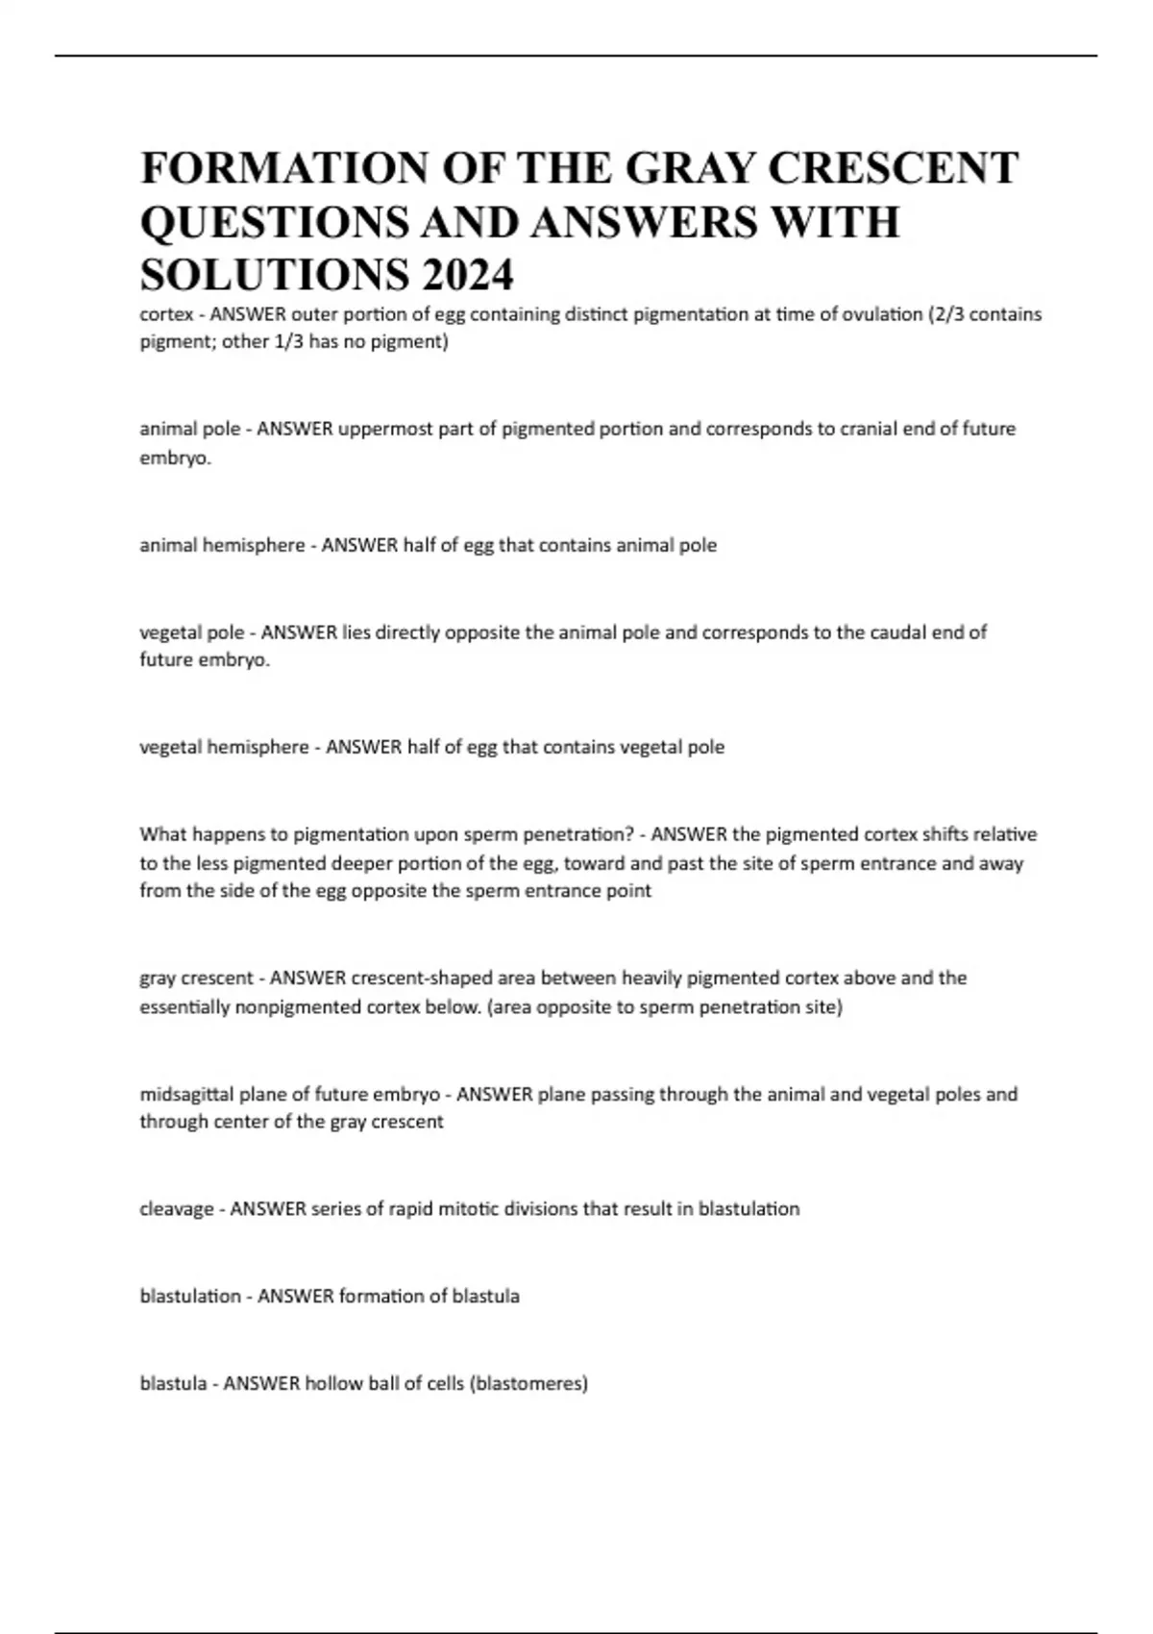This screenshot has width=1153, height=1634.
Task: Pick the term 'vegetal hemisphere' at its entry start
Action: tap(224, 747)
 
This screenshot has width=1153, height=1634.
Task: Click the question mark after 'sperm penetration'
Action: tap(629, 834)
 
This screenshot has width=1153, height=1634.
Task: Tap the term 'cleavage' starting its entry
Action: tap(176, 1209)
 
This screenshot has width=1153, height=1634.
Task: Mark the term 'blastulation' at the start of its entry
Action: tap(190, 1296)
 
